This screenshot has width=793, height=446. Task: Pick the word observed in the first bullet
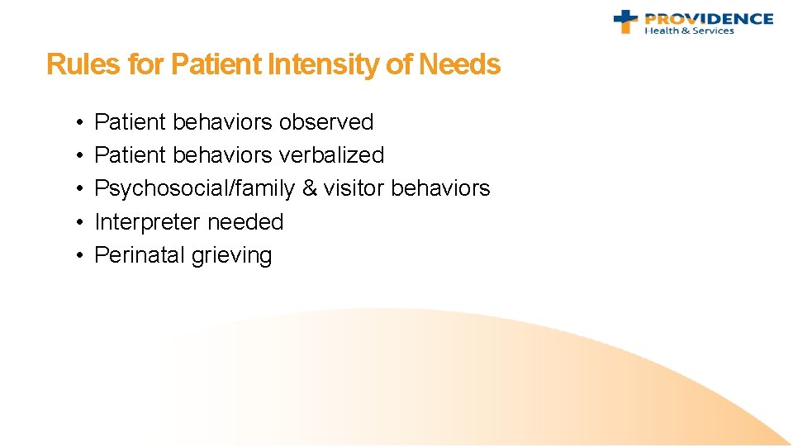point(326,122)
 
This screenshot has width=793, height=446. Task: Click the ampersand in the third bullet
point(309,189)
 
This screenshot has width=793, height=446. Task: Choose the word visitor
point(354,189)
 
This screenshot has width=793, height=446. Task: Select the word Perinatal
point(140,255)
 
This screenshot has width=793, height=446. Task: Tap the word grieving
point(231,256)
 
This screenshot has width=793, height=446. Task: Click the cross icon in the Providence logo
point(626,21)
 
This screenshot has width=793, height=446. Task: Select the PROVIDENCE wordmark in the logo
point(709,18)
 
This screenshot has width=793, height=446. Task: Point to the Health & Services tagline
point(689,31)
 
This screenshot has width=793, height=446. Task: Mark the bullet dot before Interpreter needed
point(75,223)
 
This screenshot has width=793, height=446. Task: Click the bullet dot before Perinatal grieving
point(75,256)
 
